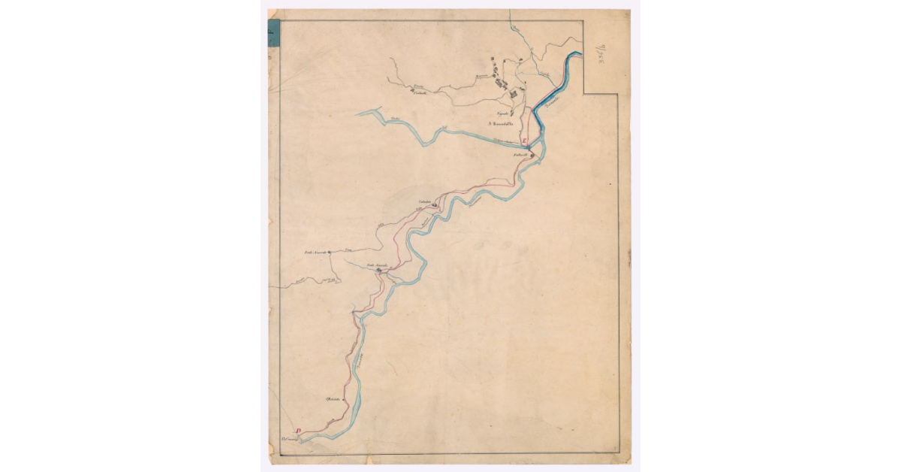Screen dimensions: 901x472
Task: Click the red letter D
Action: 298,431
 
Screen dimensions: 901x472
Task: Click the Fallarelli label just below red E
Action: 521,155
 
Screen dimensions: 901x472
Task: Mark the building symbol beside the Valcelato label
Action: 435,203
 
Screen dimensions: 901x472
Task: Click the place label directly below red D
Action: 290,437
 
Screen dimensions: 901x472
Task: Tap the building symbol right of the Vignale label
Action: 512,113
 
